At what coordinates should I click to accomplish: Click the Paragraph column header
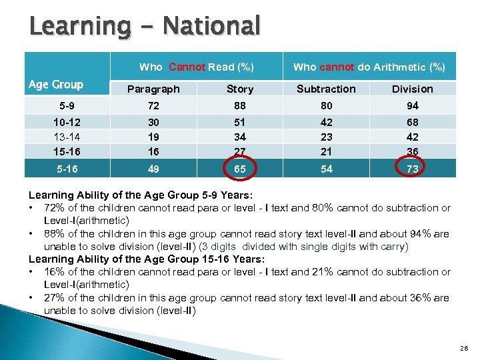(153, 89)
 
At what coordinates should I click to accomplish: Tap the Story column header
(240, 89)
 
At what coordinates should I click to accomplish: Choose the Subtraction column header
(326, 89)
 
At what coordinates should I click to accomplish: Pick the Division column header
(412, 89)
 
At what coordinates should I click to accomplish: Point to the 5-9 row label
(67, 105)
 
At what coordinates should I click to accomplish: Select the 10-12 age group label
(67, 122)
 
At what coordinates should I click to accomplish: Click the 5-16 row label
(67, 169)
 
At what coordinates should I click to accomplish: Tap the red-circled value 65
(240, 169)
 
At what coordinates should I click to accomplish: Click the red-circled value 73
(412, 169)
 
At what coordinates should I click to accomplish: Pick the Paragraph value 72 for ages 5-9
(153, 105)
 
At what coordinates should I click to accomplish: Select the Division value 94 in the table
(412, 105)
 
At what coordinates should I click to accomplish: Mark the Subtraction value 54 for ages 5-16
(326, 169)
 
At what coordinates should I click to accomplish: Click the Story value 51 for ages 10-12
(240, 122)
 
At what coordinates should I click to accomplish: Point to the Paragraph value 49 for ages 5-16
(153, 169)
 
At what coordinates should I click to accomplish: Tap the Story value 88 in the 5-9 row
(240, 105)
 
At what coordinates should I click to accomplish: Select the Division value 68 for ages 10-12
(412, 122)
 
